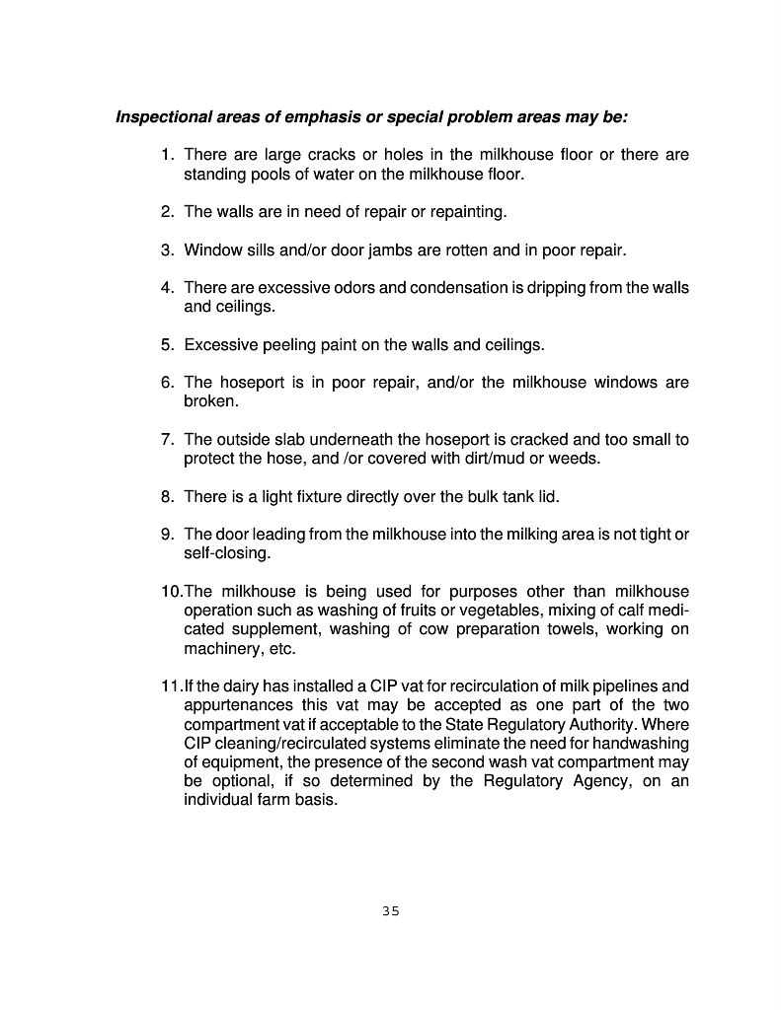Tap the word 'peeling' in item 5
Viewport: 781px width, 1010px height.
pos(291,345)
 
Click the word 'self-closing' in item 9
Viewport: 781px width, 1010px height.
pos(226,553)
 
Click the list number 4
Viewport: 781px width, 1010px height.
pos(168,288)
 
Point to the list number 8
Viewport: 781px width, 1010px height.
pos(168,496)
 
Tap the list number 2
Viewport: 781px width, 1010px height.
pos(168,212)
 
